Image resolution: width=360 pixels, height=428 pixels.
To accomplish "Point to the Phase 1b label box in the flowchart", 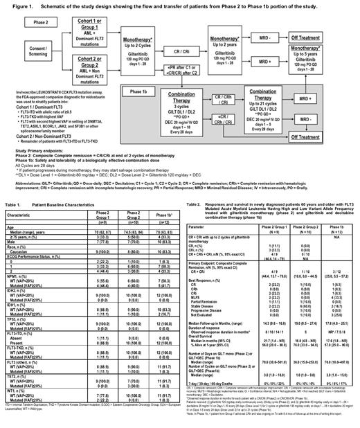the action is coord(118,109).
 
